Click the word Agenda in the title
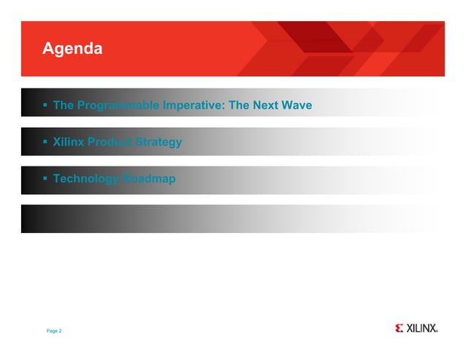tap(72, 49)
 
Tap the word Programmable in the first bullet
tap(118, 105)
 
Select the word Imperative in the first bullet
tap(194, 105)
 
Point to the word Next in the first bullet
tap(265, 105)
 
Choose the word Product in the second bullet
tap(109, 142)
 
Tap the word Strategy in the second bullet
tap(158, 142)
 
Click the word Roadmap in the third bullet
tap(148, 178)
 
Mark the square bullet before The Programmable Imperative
tap(45, 105)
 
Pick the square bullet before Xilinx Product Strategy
tap(45, 142)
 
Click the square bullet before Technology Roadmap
tap(45, 178)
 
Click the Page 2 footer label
tap(53, 332)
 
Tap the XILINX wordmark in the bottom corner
tap(421, 329)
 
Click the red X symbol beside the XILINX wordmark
tap(399, 329)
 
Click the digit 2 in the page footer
tap(60, 332)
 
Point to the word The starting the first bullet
tap(64, 105)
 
